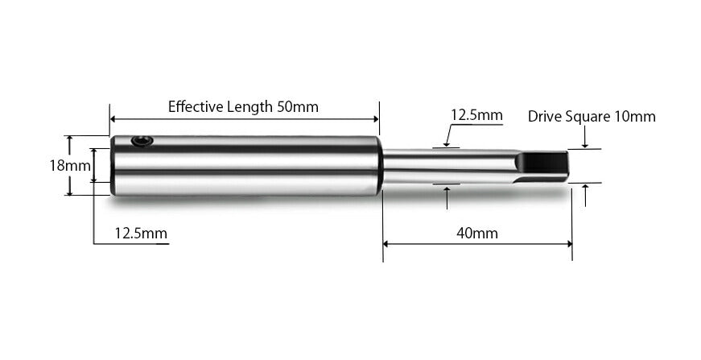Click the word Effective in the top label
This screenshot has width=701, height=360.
click(192, 106)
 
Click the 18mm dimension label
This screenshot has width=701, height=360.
click(69, 165)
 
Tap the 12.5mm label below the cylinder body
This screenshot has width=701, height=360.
click(141, 234)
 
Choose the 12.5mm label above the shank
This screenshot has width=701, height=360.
click(476, 115)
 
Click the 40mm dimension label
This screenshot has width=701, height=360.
click(476, 234)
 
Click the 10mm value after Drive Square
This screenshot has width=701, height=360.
click(634, 116)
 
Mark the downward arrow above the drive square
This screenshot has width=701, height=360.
click(585, 144)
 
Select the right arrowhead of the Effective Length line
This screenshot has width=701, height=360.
click(374, 119)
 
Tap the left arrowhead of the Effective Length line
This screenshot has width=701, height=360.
click(114, 119)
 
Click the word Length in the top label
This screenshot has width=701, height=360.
click(249, 106)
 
